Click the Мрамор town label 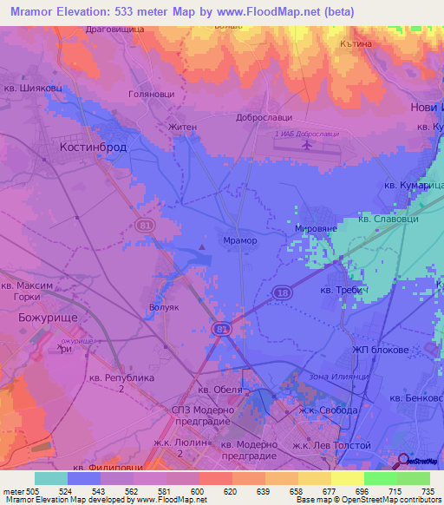point(240,240)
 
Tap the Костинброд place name point(93,148)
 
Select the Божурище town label point(49,318)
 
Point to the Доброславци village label point(263,116)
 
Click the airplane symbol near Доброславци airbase point(305,145)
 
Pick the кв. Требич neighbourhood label point(344,290)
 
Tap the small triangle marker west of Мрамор point(201,249)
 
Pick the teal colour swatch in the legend point(51,477)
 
